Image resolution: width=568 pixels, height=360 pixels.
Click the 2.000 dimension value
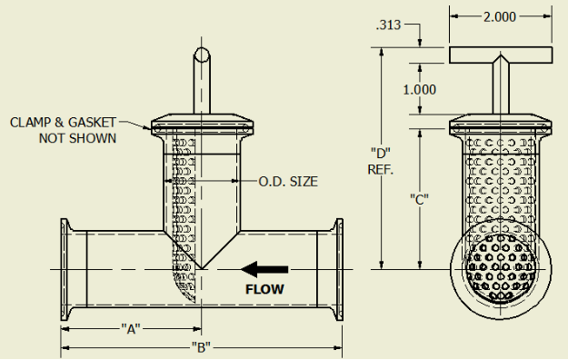pos(501,17)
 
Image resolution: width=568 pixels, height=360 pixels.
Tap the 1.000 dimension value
pos(419,89)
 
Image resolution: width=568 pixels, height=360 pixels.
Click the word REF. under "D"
pos(381,168)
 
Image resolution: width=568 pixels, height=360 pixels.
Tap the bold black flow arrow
pos(264,269)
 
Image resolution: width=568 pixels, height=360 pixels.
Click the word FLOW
pos(264,289)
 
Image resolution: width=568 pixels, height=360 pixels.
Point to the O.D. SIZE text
pos(288,181)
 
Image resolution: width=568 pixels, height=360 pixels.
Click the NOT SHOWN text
pos(77,138)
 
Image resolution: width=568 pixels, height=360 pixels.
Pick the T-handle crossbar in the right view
pos(501,55)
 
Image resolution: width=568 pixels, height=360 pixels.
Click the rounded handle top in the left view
pos(202,55)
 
